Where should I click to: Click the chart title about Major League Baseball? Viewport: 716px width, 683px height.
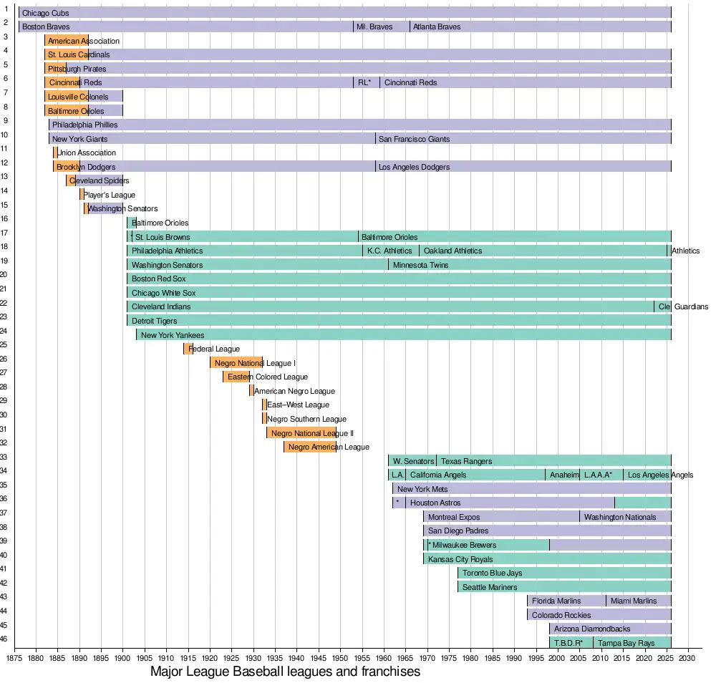[285, 672]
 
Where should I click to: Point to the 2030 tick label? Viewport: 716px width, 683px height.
[687, 657]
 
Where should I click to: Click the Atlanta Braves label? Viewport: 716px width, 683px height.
[437, 27]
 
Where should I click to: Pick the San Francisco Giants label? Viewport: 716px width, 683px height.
[415, 139]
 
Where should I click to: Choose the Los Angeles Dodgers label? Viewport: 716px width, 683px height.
[415, 167]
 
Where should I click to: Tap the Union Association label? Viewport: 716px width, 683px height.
[86, 152]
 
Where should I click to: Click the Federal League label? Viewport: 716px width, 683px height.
[214, 349]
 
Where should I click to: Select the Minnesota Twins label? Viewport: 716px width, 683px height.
[420, 265]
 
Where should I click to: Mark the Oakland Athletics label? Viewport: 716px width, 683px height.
[453, 251]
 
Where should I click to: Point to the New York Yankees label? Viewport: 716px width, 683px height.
[173, 335]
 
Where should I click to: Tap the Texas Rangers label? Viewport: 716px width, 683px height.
[466, 461]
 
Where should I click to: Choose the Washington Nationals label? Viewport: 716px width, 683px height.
[619, 517]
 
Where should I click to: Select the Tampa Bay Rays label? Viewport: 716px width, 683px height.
[626, 643]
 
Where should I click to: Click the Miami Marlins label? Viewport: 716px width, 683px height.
[634, 601]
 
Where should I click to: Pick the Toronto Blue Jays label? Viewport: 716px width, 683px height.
[493, 573]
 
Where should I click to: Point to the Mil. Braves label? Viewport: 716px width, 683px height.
[374, 27]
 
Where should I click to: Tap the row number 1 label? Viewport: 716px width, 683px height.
[6, 9]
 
